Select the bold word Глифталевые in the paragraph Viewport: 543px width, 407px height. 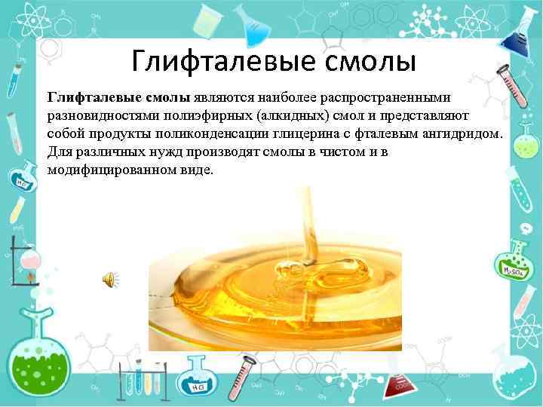(87, 99)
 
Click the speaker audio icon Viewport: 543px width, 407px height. (109, 280)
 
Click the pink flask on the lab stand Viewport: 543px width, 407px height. (26, 260)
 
